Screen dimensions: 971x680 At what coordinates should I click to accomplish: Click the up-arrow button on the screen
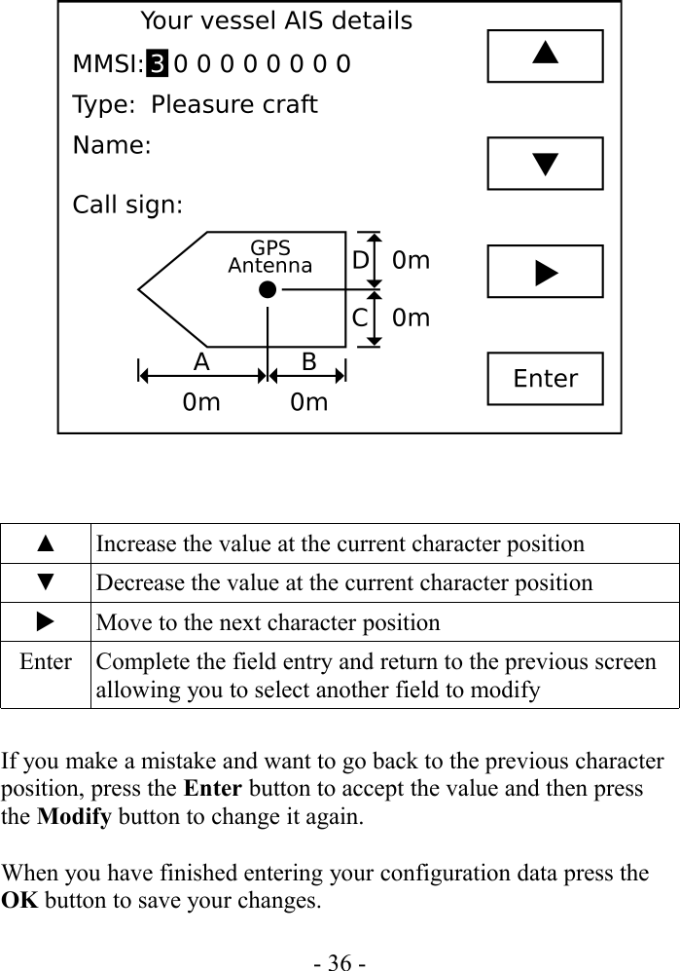coord(545,56)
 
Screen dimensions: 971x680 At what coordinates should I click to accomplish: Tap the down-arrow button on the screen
coord(545,163)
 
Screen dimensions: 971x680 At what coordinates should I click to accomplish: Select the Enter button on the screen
coord(545,378)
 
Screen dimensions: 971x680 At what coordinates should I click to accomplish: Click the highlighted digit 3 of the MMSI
coord(158,65)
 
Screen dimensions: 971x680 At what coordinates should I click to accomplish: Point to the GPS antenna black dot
coord(268,289)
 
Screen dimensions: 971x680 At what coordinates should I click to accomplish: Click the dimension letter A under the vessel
coord(201,362)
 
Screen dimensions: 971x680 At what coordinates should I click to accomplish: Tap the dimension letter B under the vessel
coord(308,362)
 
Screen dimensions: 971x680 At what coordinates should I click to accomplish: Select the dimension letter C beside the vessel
coord(360,317)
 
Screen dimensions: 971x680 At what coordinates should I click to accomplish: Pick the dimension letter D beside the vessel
coord(360,261)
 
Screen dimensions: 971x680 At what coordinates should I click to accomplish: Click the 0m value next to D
coord(412,261)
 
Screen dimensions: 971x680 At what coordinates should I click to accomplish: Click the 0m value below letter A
coord(201,401)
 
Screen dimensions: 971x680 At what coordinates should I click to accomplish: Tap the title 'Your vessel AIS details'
coord(276,21)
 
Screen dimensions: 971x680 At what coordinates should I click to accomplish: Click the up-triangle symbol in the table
coord(45,543)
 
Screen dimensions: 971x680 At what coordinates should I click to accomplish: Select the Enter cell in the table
coord(45,663)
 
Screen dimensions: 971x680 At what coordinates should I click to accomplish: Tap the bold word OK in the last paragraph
coord(18,900)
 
